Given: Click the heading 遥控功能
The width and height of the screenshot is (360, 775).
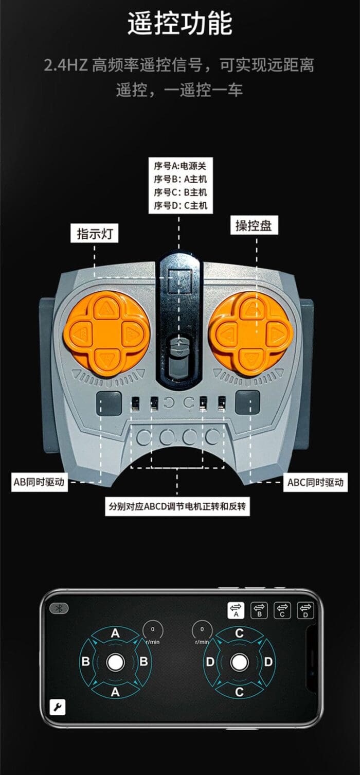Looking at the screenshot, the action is click(180, 24).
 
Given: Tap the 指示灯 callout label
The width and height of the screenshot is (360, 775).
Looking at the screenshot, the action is click(95, 234).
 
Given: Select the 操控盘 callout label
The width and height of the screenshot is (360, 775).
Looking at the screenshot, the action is click(254, 225).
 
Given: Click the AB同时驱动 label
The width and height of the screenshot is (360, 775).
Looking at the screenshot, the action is click(39, 482).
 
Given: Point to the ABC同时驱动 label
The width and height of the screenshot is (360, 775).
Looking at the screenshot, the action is click(316, 482).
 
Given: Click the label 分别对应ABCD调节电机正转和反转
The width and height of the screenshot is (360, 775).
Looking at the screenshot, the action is click(177, 506).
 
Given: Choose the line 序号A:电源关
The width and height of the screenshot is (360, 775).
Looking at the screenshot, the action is click(180, 166).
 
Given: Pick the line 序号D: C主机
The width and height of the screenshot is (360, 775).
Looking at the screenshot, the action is click(181, 205).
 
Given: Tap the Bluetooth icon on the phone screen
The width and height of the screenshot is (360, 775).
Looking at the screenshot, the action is click(59, 609).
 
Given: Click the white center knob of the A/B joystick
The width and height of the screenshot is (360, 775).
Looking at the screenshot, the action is click(116, 662).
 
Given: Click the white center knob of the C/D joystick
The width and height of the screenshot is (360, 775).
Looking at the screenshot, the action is click(239, 662).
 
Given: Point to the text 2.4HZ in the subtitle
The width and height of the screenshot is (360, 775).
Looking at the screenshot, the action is click(66, 65).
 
